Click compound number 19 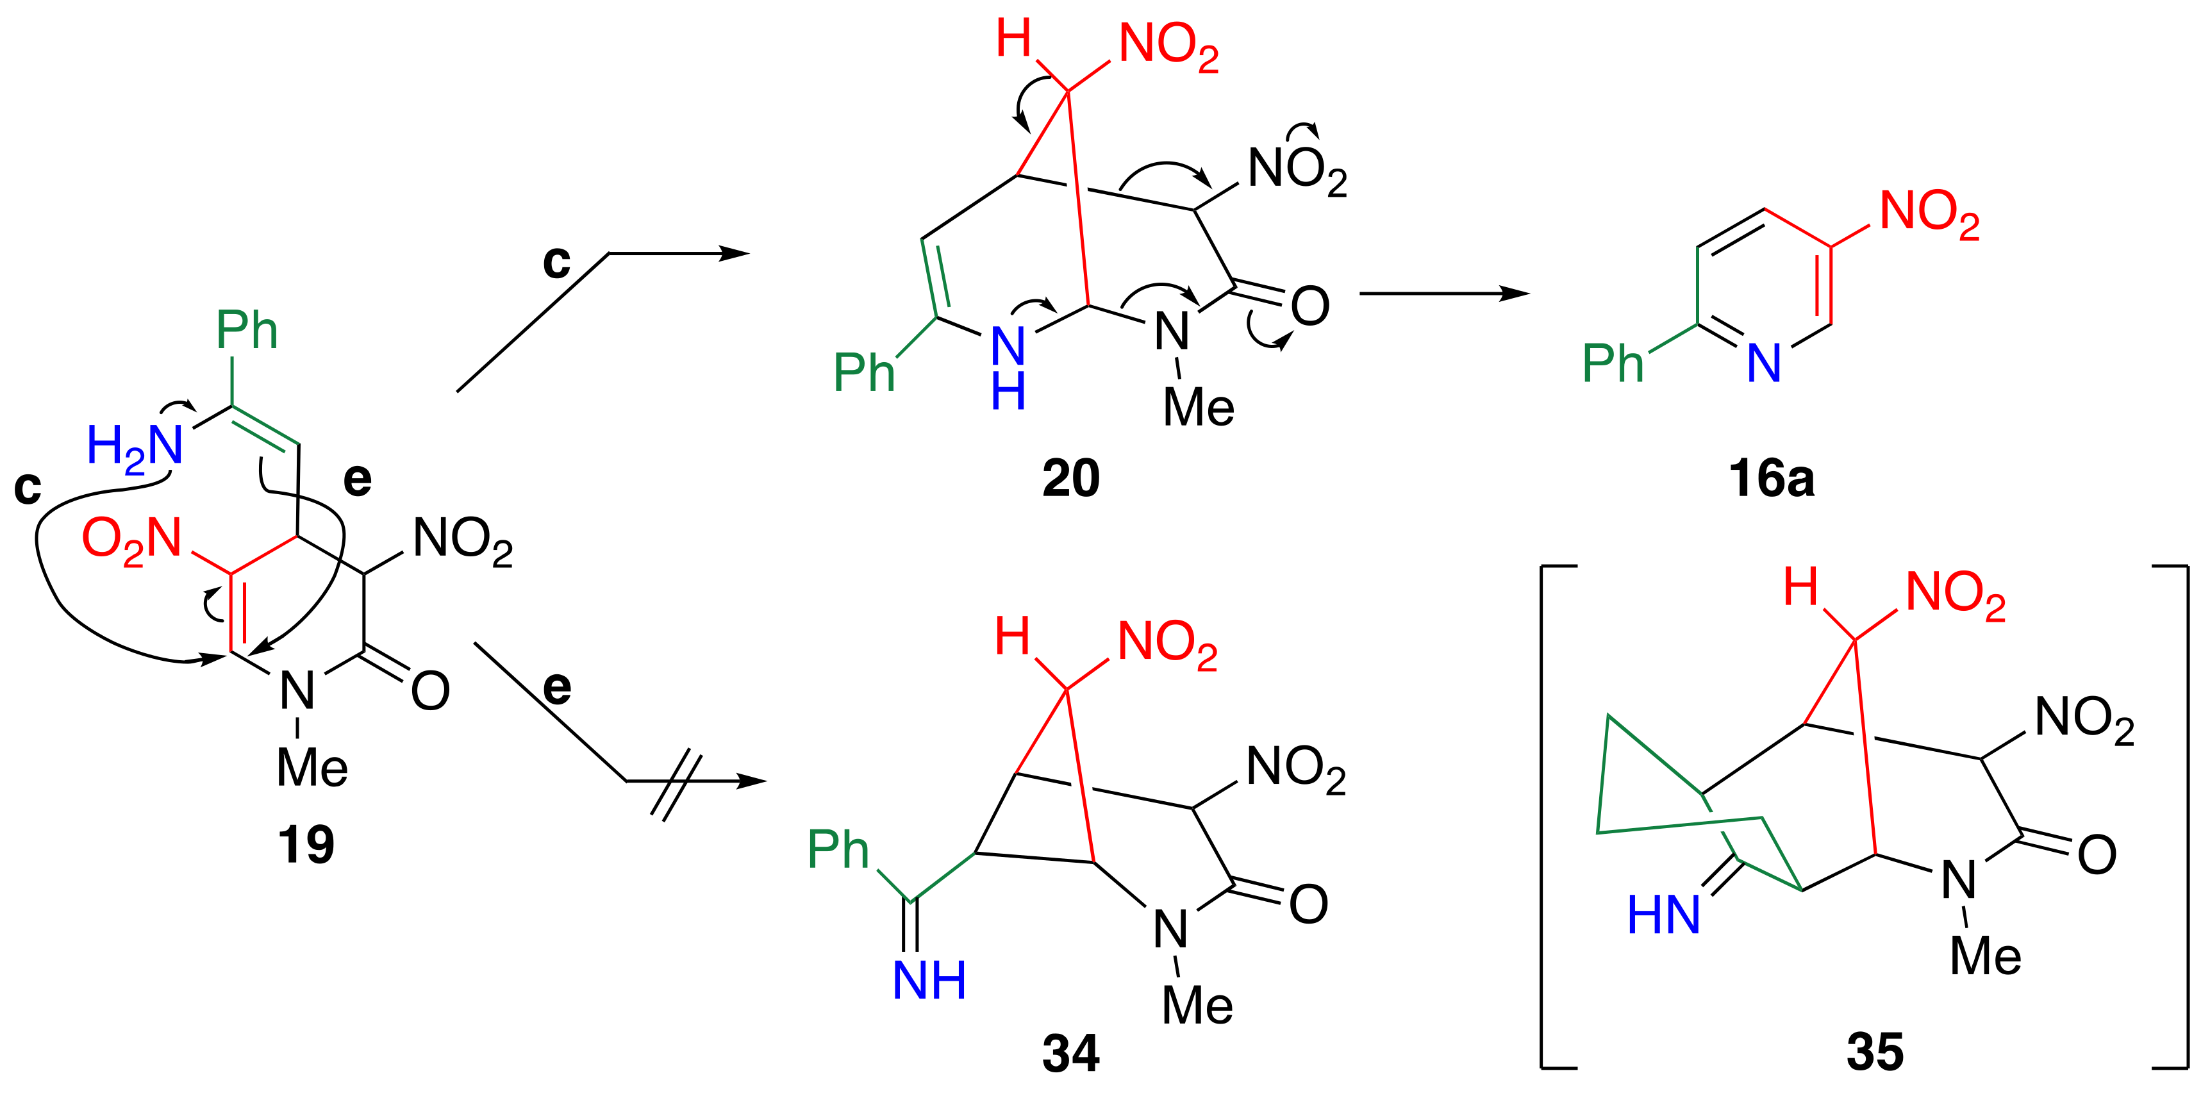[x=306, y=845]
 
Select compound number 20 [x=1070, y=478]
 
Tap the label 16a [x=1772, y=479]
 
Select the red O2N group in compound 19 [x=132, y=540]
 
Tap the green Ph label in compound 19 [x=246, y=330]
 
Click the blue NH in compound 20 [x=1008, y=369]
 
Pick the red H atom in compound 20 [x=1013, y=40]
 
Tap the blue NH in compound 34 [x=929, y=981]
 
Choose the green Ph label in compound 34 [x=838, y=849]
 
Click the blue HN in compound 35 [x=1663, y=915]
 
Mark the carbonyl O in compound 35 [x=2097, y=855]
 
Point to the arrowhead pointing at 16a [x=1514, y=294]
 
